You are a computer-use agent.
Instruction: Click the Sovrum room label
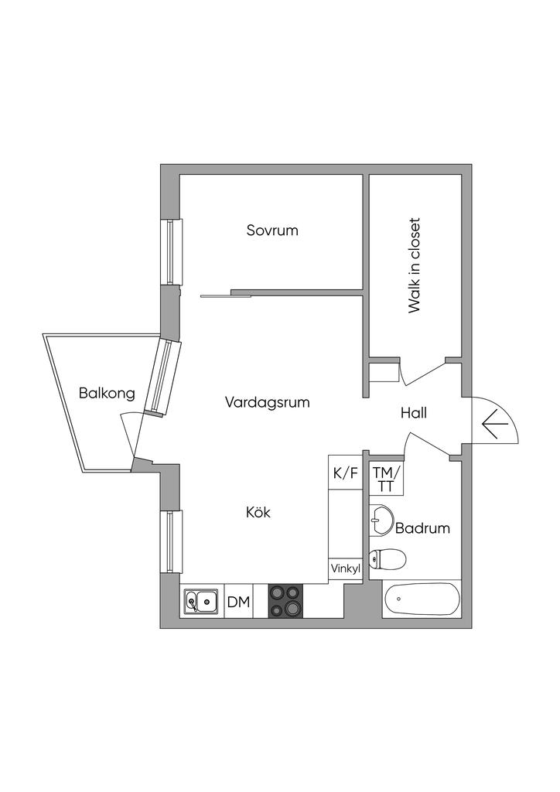click(272, 230)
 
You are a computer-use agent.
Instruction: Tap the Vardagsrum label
click(267, 402)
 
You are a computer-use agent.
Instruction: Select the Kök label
click(258, 512)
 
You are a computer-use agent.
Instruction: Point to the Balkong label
click(107, 393)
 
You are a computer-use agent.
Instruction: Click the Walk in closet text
click(414, 266)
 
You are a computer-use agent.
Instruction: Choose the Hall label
click(414, 413)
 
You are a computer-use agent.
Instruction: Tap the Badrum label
click(422, 528)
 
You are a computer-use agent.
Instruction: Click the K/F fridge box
click(346, 473)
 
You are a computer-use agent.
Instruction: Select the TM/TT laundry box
click(386, 478)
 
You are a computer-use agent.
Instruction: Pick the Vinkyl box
click(346, 568)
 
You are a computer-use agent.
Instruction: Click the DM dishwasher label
click(239, 602)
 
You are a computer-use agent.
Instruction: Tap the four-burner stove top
click(286, 600)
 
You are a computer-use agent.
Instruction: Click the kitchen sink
click(201, 601)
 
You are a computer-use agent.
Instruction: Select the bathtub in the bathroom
click(422, 599)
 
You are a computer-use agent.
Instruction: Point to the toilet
click(388, 559)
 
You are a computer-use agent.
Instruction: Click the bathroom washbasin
click(381, 520)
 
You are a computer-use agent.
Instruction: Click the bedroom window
click(171, 251)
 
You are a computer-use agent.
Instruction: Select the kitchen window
click(171, 542)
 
